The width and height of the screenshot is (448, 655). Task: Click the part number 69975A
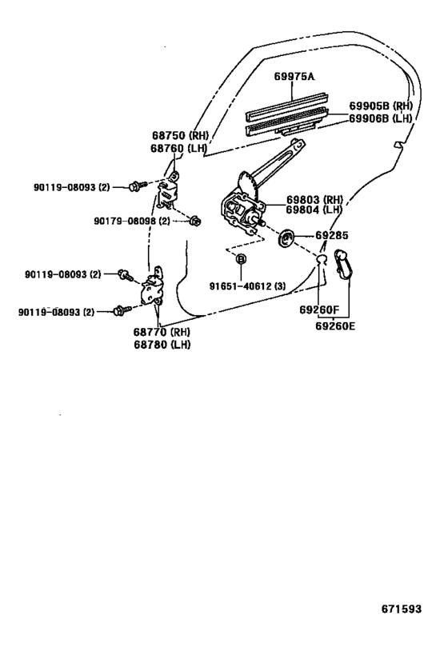point(294,77)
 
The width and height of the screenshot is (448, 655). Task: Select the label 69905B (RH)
point(381,106)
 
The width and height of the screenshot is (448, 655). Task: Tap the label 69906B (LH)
point(381,118)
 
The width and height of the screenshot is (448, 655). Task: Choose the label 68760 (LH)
point(179,149)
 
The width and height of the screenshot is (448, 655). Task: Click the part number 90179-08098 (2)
point(130,221)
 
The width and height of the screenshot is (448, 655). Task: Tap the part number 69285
point(332,236)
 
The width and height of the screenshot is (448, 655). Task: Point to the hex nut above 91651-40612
point(240,260)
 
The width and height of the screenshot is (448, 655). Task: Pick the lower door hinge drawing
point(154,290)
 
